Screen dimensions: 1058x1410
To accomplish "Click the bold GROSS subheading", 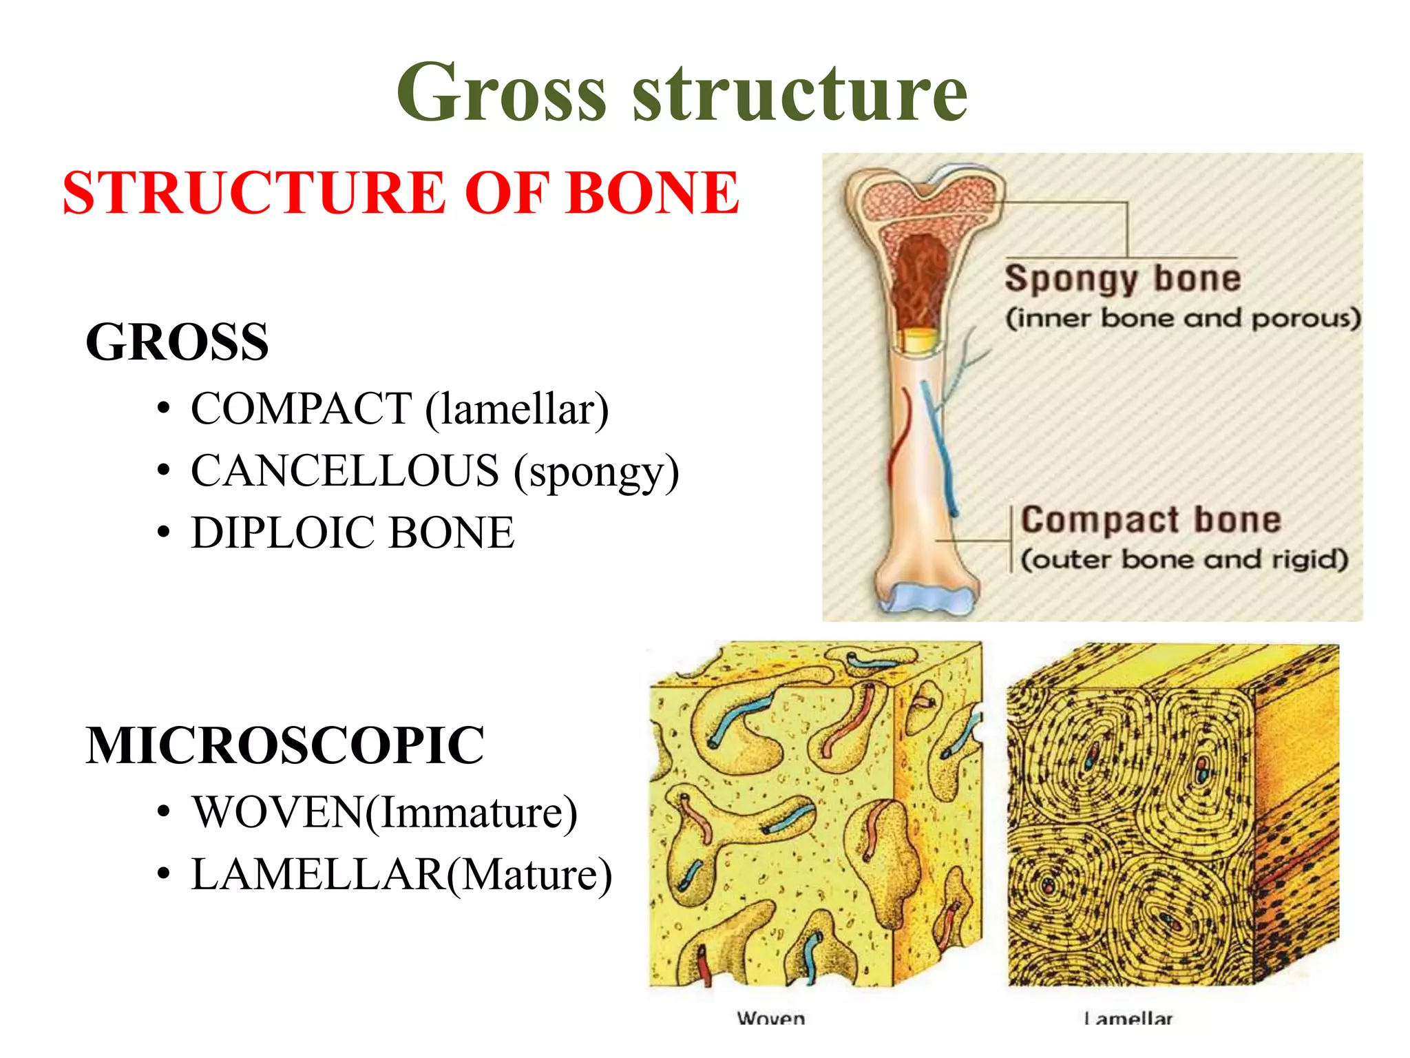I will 177,342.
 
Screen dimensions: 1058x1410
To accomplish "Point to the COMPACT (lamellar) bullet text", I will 399,410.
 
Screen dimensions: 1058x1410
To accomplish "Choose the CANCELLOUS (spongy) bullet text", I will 434,472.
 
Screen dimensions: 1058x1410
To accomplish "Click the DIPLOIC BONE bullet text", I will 352,533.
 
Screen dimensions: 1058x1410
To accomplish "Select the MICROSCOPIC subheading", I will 285,746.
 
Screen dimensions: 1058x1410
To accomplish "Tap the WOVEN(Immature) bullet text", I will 384,813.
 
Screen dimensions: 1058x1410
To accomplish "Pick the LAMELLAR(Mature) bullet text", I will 401,875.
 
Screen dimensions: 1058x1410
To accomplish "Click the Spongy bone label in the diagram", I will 1123,279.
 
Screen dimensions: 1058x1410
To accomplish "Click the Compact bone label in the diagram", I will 1150,520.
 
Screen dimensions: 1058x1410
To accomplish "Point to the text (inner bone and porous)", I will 1183,319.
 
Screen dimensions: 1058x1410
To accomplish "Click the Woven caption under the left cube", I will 770,1018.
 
